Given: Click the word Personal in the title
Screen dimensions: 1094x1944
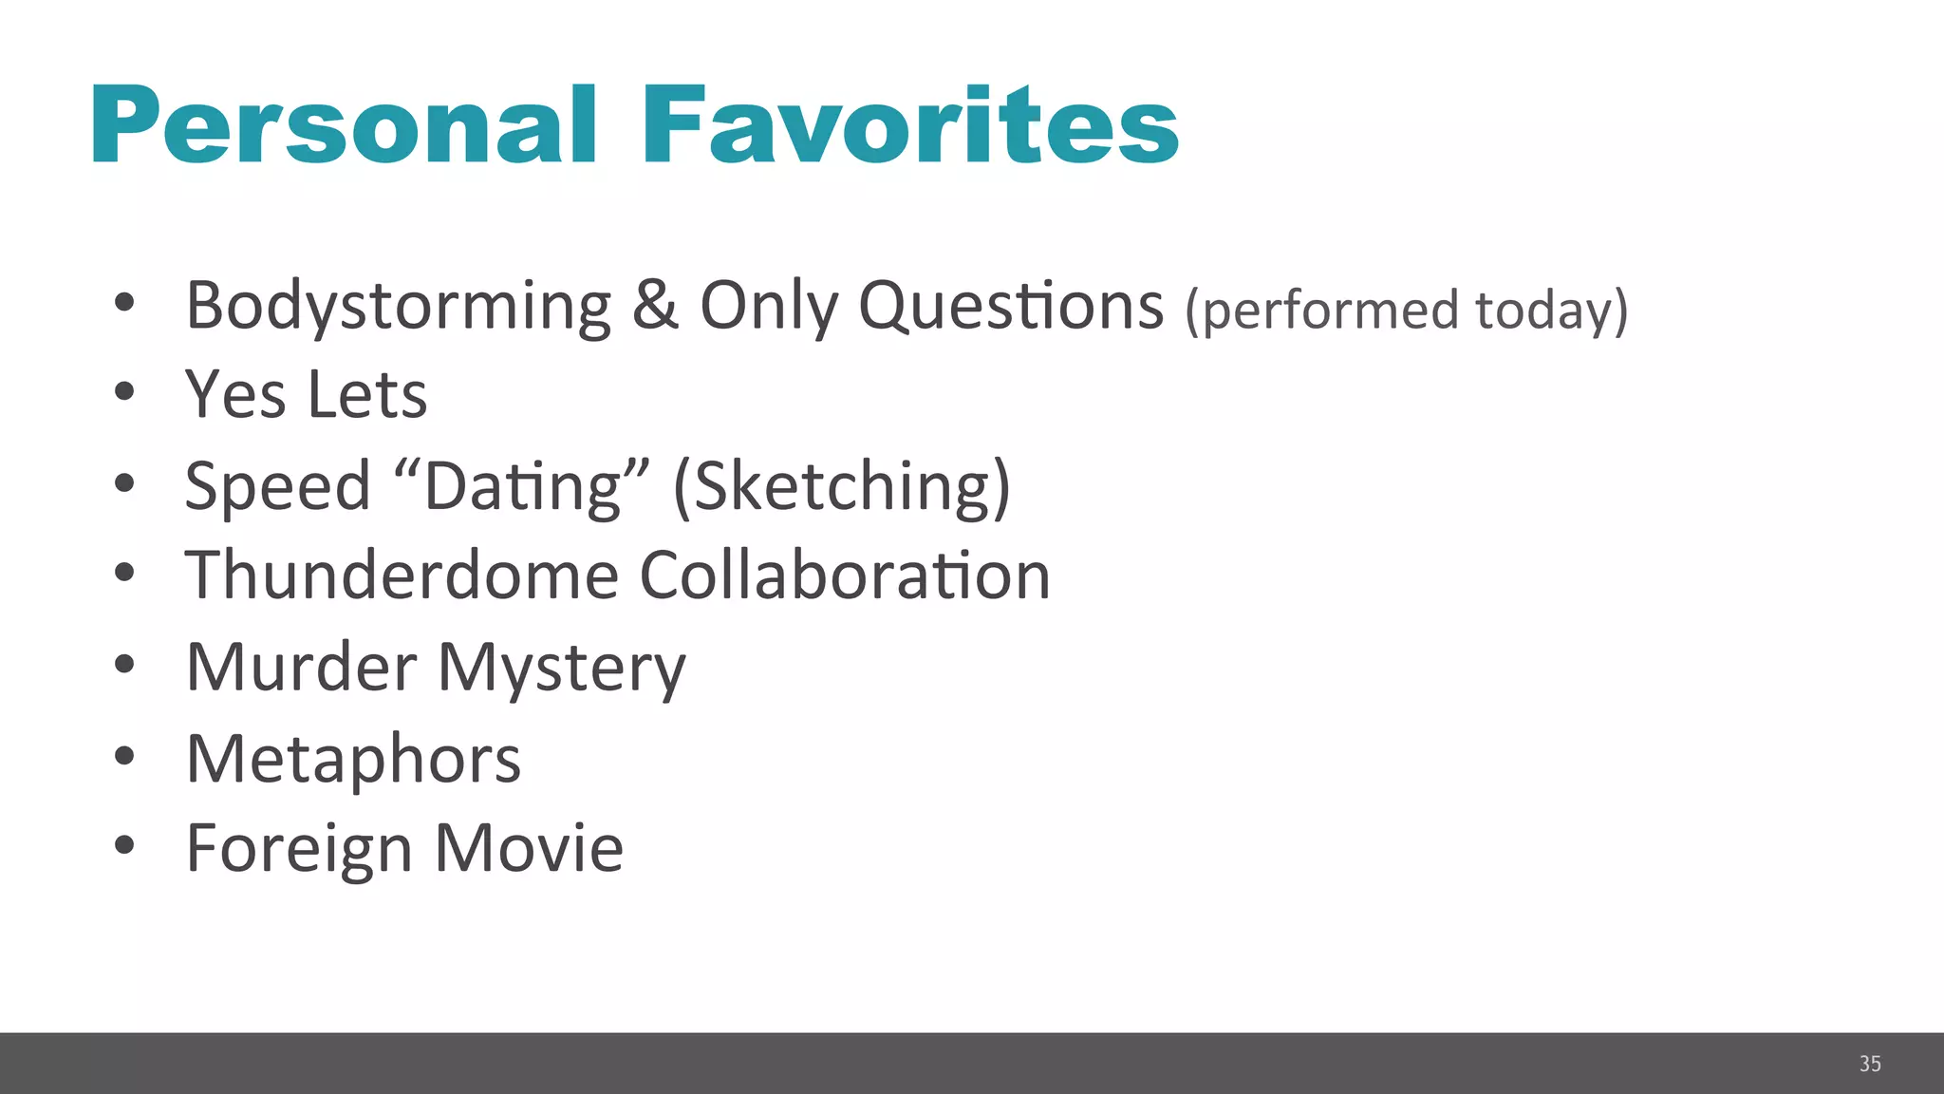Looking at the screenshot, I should (344, 126).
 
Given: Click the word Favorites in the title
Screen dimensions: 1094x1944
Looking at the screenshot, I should (909, 126).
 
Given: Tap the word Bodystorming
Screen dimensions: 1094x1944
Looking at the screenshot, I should (399, 307).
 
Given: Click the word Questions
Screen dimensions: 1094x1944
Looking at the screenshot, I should (1011, 307).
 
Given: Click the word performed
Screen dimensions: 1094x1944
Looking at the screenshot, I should (1324, 311).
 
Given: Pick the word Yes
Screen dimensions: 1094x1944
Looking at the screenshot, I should (235, 394).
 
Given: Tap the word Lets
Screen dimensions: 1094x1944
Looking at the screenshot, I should (367, 394).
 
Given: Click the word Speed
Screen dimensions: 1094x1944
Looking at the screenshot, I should (277, 486).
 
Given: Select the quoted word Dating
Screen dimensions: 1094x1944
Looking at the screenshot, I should (523, 486).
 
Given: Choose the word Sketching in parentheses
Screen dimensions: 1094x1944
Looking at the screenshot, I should (842, 486).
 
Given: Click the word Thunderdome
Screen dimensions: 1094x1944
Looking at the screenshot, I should (402, 575).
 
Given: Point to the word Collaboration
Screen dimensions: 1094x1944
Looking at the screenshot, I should (845, 575).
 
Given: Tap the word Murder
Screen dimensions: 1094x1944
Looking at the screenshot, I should (301, 667).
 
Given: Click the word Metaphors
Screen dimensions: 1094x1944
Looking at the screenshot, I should (353, 759).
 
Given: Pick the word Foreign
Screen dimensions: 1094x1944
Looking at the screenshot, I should (298, 849).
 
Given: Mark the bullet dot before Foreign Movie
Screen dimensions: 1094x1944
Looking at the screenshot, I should (124, 844).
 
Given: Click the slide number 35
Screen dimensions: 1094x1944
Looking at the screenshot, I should (1870, 1064).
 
